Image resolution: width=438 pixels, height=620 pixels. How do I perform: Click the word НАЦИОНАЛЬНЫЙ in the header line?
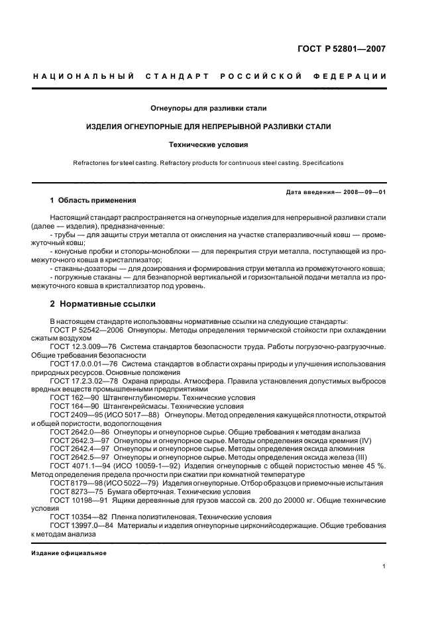click(x=79, y=77)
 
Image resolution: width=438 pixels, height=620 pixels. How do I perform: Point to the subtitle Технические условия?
click(x=219, y=143)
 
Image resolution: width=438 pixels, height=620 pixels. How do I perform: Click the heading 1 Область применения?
click(x=93, y=200)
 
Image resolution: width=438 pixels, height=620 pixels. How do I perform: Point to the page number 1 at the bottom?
click(x=384, y=566)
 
